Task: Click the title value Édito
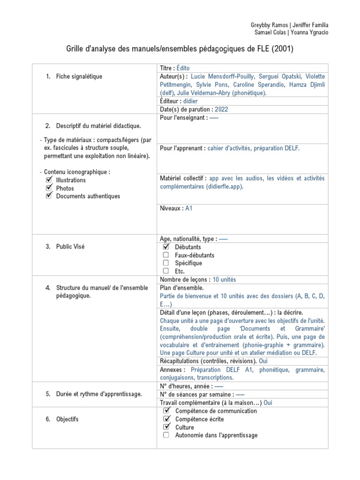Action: point(183,68)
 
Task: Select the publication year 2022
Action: point(223,109)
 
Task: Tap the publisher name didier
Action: point(191,101)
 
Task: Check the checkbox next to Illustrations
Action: point(49,180)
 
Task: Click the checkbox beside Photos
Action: point(49,188)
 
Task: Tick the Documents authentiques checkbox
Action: point(49,196)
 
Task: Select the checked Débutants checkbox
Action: point(166,247)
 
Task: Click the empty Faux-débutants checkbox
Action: point(166,255)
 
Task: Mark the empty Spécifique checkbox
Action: point(166,263)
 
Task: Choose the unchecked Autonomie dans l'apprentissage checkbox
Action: point(166,435)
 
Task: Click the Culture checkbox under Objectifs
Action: point(166,427)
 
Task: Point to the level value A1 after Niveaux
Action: point(189,208)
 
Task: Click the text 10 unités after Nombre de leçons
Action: point(225,279)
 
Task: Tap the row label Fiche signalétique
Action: point(79,76)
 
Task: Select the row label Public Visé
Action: point(70,247)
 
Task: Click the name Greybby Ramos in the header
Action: point(266,24)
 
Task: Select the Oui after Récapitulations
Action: point(263,361)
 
